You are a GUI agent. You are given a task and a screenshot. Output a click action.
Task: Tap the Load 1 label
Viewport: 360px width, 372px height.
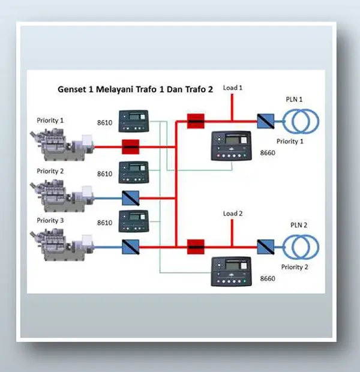(x=232, y=88)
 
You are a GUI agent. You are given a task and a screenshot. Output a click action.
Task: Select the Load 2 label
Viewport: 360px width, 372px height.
(x=232, y=214)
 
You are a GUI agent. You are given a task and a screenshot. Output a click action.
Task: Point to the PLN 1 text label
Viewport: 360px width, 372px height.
(x=293, y=99)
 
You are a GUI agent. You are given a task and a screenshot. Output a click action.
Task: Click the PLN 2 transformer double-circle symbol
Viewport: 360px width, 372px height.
(x=302, y=245)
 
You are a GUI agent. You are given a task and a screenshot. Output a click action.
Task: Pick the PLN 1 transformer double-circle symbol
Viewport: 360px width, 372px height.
(x=302, y=122)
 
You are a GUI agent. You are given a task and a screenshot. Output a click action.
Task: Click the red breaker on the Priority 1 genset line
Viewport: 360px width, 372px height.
(x=130, y=146)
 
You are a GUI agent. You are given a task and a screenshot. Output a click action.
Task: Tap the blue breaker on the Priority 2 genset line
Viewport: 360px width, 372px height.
(x=130, y=196)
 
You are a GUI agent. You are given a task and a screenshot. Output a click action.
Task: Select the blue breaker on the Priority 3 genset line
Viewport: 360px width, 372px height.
(x=130, y=245)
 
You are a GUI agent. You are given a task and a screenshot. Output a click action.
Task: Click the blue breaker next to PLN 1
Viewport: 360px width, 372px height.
(x=265, y=122)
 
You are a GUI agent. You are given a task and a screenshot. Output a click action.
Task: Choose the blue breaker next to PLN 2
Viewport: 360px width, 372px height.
(x=265, y=245)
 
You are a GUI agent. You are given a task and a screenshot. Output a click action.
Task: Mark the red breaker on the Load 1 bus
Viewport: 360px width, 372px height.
(x=195, y=122)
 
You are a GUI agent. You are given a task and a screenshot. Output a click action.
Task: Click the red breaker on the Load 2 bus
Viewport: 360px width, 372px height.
(x=195, y=245)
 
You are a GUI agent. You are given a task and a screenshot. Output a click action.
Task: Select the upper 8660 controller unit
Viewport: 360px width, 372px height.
(x=231, y=147)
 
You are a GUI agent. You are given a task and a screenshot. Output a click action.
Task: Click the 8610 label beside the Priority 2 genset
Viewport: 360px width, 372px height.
(x=106, y=174)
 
